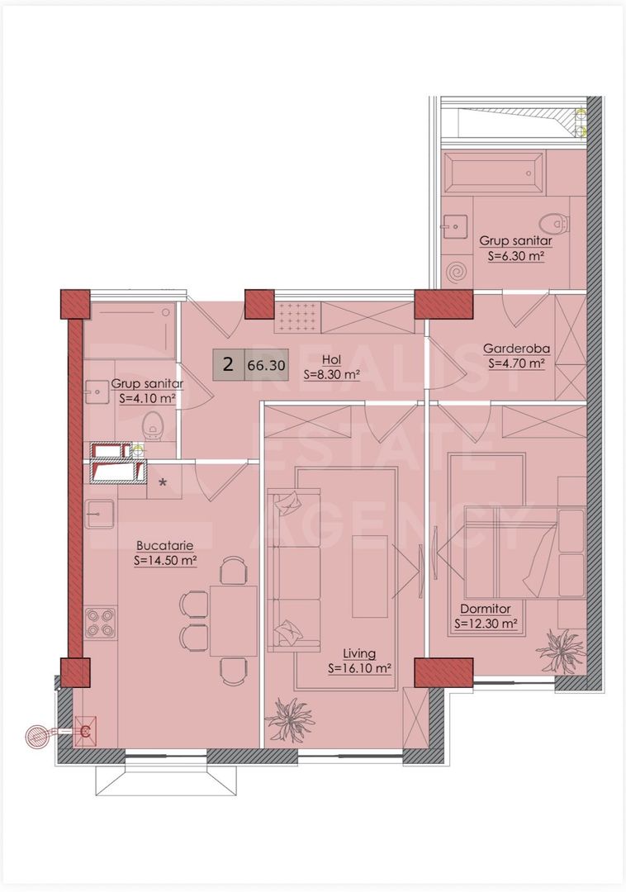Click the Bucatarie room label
165,546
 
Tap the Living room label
359,653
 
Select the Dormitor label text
486,609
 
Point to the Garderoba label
516,349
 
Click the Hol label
331,360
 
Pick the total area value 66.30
266,365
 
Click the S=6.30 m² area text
516,256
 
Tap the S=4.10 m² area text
147,399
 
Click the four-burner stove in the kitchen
101,623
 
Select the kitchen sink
99,514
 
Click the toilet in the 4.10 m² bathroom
153,425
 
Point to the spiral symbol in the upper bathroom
455,272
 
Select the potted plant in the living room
291,719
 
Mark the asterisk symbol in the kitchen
164,483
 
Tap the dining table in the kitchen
234,621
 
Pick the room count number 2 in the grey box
229,364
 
